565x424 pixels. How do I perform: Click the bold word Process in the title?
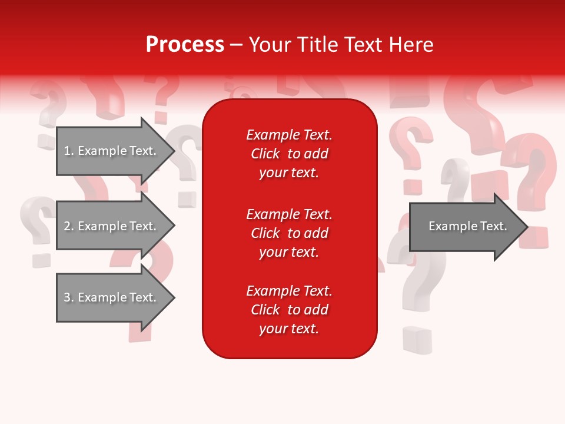(185, 45)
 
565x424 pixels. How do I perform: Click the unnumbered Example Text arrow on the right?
(467, 226)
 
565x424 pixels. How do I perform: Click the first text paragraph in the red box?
(289, 154)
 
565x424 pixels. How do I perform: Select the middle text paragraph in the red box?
(289, 233)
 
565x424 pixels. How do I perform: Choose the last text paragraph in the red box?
(289, 310)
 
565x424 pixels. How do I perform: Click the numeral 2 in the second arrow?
(67, 226)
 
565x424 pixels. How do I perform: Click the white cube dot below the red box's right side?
(417, 340)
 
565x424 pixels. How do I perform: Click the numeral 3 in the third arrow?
(67, 297)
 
